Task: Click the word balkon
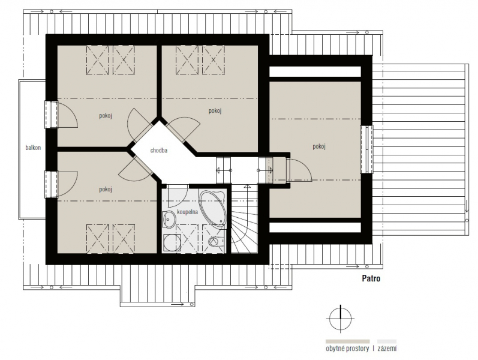coord(33,148)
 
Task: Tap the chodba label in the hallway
coord(159,150)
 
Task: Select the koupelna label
coord(188,212)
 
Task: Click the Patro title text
coord(371,278)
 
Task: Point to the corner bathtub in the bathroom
coord(213,208)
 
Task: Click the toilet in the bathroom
coord(216,242)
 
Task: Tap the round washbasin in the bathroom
coord(169,219)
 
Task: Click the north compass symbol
coord(340,319)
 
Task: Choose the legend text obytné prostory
coord(347,349)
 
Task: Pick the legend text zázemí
coord(387,349)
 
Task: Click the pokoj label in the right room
coord(319,146)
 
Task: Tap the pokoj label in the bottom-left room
coord(106,189)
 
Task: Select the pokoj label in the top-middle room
coord(215,111)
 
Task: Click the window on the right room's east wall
coord(366,149)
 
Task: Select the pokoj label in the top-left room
coord(106,116)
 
